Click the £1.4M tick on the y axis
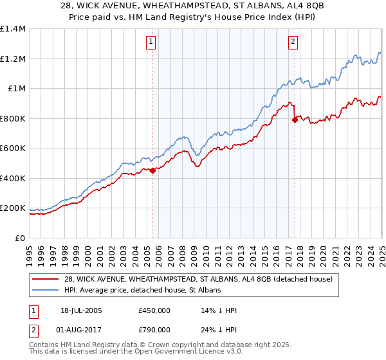tap(13, 29)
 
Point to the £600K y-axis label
tap(13, 148)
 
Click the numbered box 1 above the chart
tap(151, 42)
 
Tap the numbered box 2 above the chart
tap(293, 42)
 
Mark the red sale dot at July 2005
tap(153, 170)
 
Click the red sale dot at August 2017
tap(295, 120)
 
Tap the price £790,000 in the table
tap(154, 329)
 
